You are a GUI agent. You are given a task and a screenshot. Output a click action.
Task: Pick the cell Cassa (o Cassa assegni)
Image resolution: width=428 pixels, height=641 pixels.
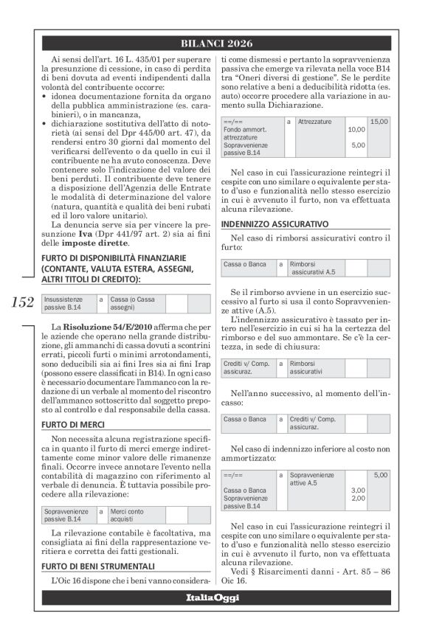(134, 303)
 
